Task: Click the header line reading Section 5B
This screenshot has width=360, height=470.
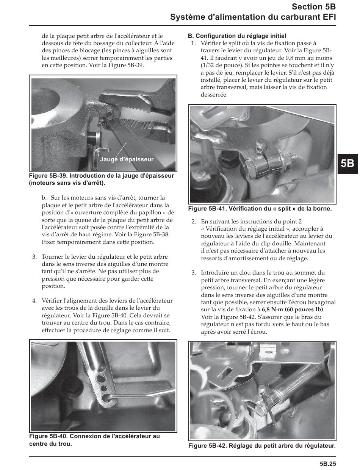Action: click(314, 7)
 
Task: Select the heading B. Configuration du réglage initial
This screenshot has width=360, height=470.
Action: click(237, 36)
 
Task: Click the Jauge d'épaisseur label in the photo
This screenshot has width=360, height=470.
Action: click(127, 159)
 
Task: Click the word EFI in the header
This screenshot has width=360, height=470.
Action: click(328, 17)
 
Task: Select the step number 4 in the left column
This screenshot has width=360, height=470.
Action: click(34, 301)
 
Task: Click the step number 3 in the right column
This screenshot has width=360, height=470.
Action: click(193, 273)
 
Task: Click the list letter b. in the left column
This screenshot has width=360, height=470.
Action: click(44, 198)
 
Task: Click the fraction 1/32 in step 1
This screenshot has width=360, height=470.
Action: click(207, 66)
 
